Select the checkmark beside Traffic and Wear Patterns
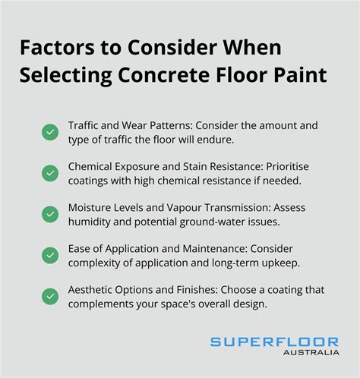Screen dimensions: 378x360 [x=49, y=132]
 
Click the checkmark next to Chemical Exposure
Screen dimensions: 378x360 [x=49, y=175]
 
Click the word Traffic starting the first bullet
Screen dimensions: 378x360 [x=84, y=125]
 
